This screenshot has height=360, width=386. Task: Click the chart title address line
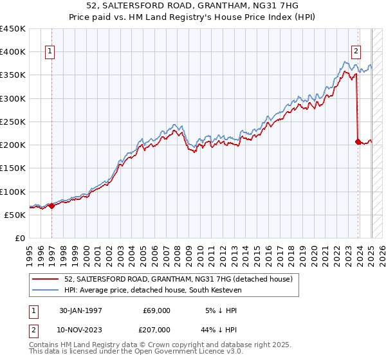(x=193, y=7)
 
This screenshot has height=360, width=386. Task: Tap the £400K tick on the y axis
(x=13, y=52)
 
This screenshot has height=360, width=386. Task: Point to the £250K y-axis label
(x=13, y=122)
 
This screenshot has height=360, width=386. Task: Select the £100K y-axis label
(x=13, y=192)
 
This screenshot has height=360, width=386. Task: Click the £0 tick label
(x=19, y=239)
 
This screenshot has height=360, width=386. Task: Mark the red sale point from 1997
(x=52, y=206)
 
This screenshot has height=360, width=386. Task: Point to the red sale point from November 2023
(x=358, y=141)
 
